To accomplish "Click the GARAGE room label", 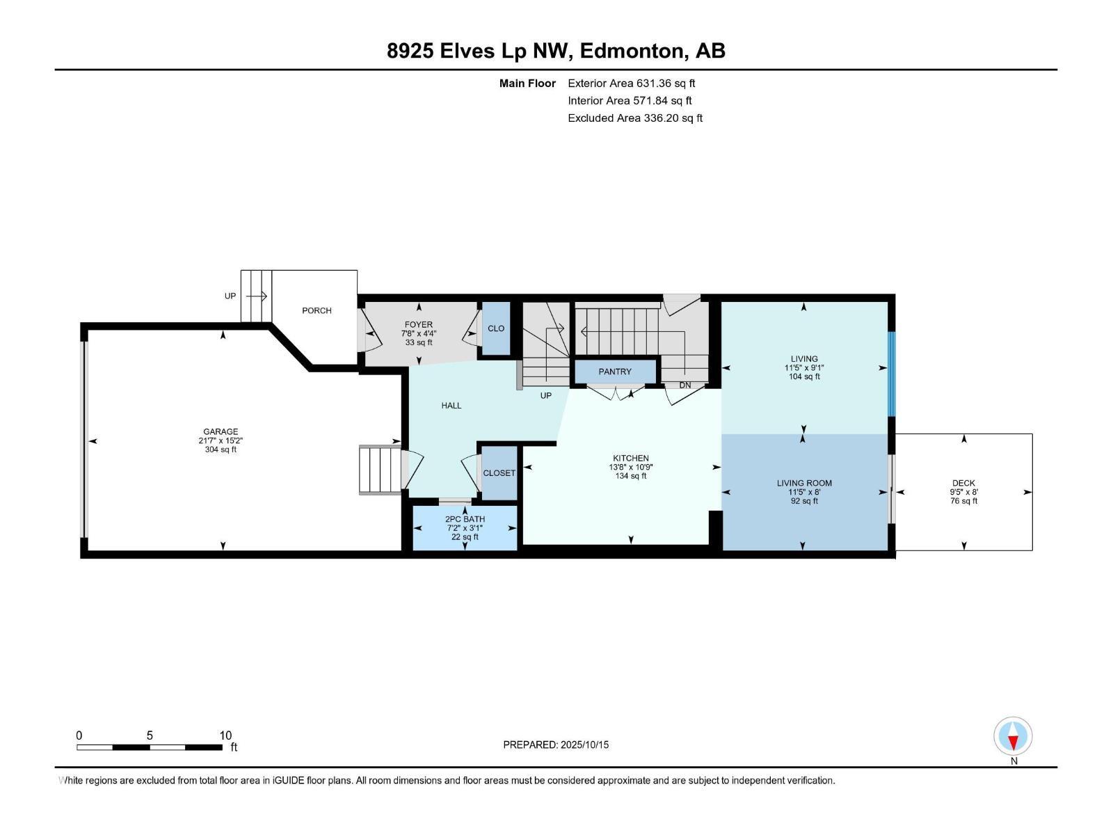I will [221, 431].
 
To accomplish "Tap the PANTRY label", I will [615, 372].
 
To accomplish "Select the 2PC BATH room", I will [465, 527].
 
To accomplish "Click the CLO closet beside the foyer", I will [496, 328].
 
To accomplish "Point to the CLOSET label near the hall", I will [499, 473].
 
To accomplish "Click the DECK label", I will [963, 483].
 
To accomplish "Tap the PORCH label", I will [317, 310].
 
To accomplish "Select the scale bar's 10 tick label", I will [225, 735].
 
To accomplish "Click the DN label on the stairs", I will [685, 385].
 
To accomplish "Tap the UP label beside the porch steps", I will [230, 296].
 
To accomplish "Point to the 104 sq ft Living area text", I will [804, 376].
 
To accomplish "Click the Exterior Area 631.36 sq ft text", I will [632, 83].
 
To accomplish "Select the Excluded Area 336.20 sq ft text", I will [634, 118].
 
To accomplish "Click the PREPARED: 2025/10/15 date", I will [556, 745].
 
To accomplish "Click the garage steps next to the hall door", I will [380, 470].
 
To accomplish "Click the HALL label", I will [451, 405].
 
